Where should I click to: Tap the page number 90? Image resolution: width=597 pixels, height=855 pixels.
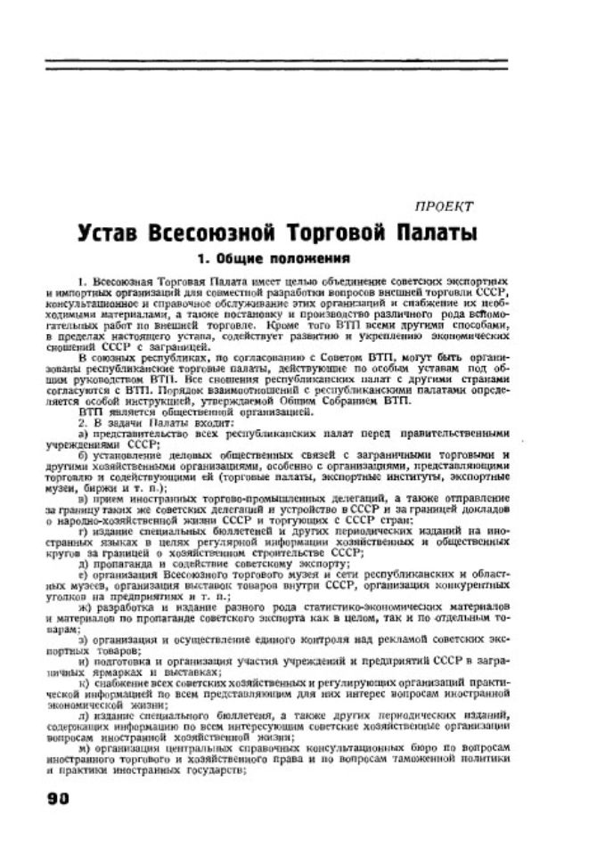58,797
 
